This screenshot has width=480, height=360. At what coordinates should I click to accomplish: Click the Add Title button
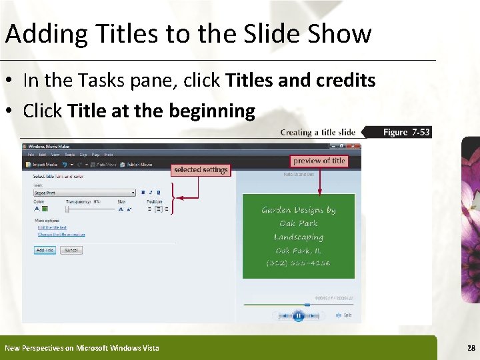(x=45, y=250)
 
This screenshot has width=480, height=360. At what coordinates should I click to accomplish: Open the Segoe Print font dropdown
(x=133, y=193)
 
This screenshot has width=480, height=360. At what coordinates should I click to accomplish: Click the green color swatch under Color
(x=45, y=209)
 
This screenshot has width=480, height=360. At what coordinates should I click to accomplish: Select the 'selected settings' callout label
(x=201, y=170)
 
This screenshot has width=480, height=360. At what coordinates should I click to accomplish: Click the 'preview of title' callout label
(x=319, y=161)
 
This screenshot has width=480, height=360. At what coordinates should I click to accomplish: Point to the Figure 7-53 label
(x=406, y=132)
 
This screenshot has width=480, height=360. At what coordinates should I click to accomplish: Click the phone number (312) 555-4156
(x=299, y=263)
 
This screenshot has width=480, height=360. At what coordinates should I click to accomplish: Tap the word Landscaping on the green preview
(x=299, y=237)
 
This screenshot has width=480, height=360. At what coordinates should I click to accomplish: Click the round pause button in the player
(x=298, y=315)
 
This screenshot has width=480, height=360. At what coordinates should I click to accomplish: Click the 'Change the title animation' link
(x=61, y=235)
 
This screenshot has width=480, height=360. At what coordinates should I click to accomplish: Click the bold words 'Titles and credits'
(x=301, y=81)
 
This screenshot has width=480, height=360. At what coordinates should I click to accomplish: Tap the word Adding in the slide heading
(x=45, y=33)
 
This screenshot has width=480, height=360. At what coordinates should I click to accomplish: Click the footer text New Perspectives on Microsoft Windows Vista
(x=82, y=348)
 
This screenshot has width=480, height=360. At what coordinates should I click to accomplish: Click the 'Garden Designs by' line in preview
(x=299, y=210)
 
